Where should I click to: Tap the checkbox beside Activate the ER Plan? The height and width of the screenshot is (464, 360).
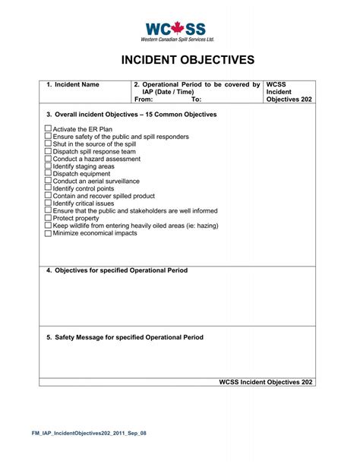tap(49, 129)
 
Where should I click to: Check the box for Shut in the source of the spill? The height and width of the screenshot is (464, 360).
tap(49, 144)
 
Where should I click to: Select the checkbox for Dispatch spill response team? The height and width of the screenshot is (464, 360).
tap(49, 152)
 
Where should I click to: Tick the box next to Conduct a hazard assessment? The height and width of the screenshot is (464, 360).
tap(49, 159)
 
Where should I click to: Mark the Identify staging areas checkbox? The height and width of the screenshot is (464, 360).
tap(49, 166)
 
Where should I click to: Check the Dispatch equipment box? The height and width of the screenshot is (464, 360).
tap(49, 174)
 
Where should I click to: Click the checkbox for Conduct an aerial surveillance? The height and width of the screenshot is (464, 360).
tap(49, 181)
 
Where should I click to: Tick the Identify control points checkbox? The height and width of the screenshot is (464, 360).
tap(49, 188)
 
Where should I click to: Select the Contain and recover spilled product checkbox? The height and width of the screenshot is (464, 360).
tap(49, 196)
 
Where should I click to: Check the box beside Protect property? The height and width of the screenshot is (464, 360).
tap(49, 218)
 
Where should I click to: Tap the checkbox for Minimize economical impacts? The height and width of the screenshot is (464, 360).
tap(49, 233)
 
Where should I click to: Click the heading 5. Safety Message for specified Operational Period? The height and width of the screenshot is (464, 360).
tap(125, 337)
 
